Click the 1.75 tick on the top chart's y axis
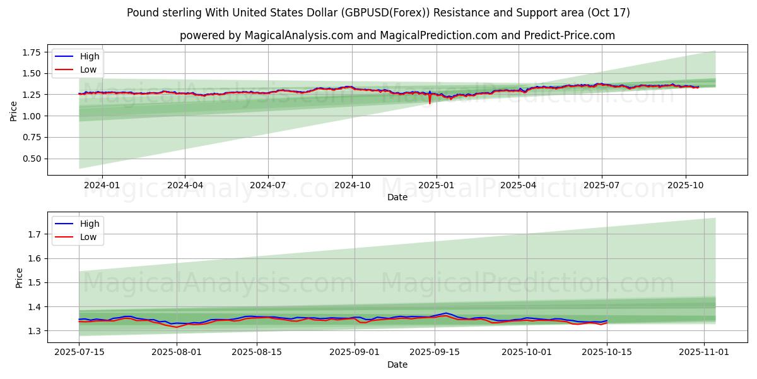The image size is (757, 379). pyautogui.click(x=31, y=52)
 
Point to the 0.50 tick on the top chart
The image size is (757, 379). pyautogui.click(x=31, y=159)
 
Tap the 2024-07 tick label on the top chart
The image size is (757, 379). pyautogui.click(x=268, y=186)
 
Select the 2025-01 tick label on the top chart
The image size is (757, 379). pyautogui.click(x=435, y=186)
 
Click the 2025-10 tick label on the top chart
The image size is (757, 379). pyautogui.click(x=685, y=186)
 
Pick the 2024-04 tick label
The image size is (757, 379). pyautogui.click(x=185, y=186)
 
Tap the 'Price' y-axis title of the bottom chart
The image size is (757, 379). pyautogui.click(x=20, y=278)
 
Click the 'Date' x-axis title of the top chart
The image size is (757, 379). pyautogui.click(x=397, y=197)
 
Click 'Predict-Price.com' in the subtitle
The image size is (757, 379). pyautogui.click(x=570, y=35)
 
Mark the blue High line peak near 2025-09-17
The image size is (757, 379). pyautogui.click(x=445, y=313)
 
